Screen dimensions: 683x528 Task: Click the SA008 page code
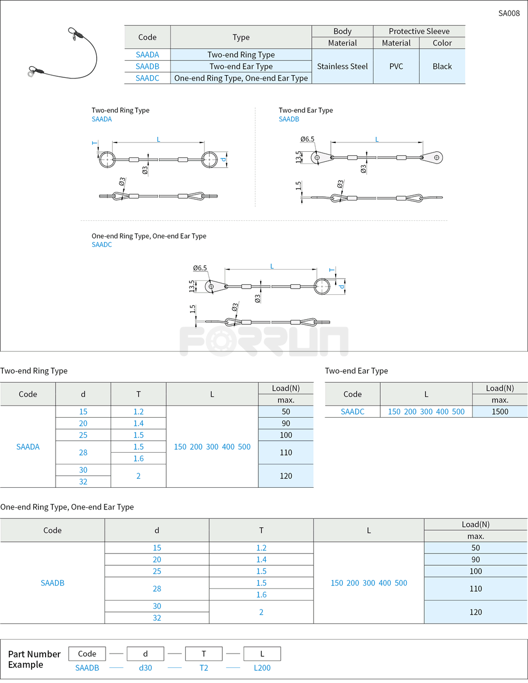click(x=509, y=13)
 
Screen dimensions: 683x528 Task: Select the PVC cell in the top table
click(x=396, y=66)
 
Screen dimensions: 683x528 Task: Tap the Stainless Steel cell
click(x=342, y=66)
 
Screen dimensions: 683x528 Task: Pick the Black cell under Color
click(x=442, y=66)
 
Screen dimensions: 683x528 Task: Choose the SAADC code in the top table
click(x=147, y=78)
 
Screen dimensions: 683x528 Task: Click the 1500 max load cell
click(x=500, y=412)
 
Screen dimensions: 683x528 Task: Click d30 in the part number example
click(x=145, y=668)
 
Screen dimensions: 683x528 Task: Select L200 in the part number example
click(x=262, y=668)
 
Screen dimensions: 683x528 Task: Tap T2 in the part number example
click(x=203, y=668)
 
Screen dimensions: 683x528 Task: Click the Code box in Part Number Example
click(x=87, y=654)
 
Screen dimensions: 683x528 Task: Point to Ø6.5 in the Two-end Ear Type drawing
click(x=307, y=139)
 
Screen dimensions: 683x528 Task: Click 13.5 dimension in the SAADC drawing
click(x=192, y=286)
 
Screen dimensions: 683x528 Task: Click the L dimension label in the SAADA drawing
click(x=158, y=139)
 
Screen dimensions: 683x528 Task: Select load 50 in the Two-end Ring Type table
click(x=286, y=412)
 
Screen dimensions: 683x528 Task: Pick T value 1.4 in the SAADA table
click(x=138, y=423)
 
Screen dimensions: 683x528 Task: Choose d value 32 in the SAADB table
click(x=157, y=618)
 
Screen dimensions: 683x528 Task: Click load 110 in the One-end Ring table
click(x=475, y=588)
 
